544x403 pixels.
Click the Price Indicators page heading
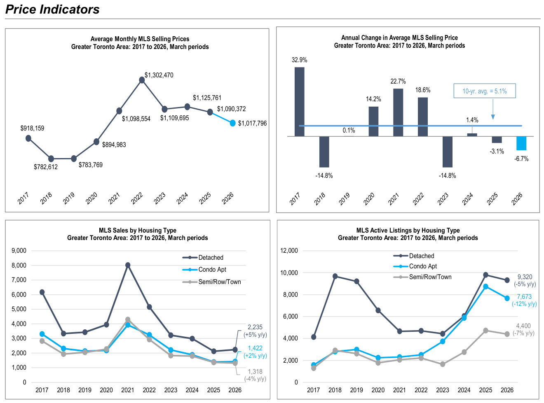tap(52, 9)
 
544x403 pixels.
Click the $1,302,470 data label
tap(159, 75)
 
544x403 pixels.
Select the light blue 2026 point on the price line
tap(232, 123)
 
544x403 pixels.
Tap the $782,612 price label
tap(46, 167)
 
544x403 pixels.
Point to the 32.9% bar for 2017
tap(300, 102)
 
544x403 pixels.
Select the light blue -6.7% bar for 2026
tap(521, 143)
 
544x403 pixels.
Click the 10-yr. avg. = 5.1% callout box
tap(484, 91)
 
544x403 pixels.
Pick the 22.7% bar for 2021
tap(398, 112)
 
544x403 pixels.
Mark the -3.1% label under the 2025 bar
tap(497, 151)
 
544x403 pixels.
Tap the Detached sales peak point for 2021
tap(128, 266)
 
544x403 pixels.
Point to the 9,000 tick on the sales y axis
tap(19, 251)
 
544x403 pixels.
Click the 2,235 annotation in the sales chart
tap(255, 327)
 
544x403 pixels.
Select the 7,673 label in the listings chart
tap(524, 297)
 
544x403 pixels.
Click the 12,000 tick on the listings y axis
tap(289, 251)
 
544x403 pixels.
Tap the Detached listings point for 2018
tap(335, 277)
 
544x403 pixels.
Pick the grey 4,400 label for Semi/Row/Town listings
tap(523, 326)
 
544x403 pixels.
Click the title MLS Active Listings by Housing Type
tap(408, 231)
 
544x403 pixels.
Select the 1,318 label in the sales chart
tap(255, 372)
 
